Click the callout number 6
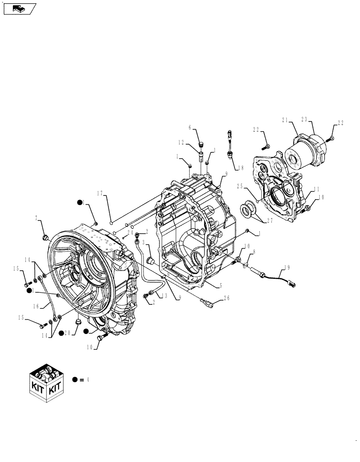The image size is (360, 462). (190, 127)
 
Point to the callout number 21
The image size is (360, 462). (285, 120)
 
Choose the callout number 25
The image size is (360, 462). (240, 186)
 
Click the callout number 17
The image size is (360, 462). (100, 193)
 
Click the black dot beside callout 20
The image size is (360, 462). (62, 334)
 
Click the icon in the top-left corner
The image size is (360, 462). (19, 8)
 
